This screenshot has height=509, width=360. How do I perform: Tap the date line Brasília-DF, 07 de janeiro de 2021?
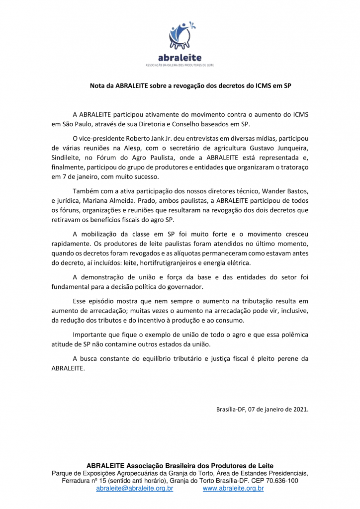coord(263,410)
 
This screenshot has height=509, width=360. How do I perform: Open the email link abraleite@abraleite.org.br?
coord(135,489)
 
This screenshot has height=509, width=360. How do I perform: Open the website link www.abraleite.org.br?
coord(233,489)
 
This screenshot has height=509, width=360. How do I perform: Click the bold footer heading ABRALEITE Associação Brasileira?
coord(180,466)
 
